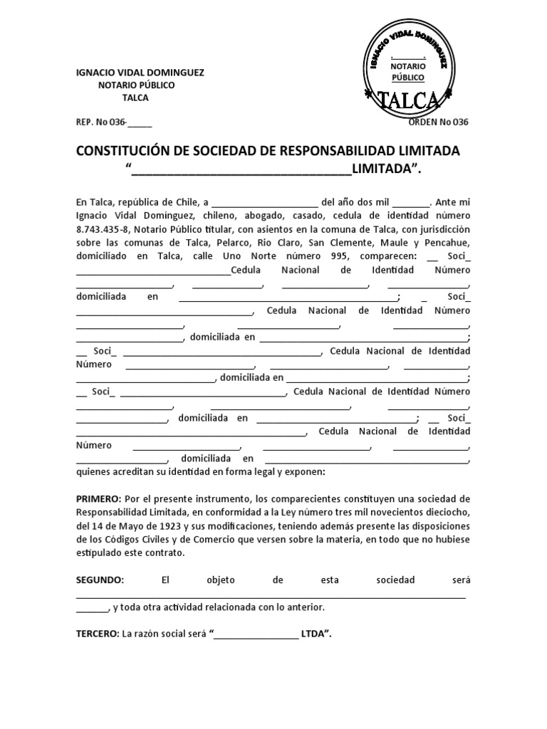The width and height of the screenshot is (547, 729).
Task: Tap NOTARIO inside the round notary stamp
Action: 407,65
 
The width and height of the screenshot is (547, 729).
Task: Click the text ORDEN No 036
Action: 439,122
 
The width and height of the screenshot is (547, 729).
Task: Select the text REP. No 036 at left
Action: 101,122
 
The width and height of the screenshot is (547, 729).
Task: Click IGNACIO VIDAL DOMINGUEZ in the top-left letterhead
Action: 140,73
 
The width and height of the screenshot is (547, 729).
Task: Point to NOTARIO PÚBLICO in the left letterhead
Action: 135,85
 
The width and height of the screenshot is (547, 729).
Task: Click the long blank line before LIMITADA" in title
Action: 242,171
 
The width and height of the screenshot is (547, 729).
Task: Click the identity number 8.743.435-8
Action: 103,229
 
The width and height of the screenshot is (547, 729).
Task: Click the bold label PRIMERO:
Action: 98,499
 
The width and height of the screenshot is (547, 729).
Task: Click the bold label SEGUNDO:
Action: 100,580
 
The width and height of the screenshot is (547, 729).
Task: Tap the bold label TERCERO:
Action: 98,633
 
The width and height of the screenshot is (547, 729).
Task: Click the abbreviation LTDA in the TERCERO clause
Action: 314,633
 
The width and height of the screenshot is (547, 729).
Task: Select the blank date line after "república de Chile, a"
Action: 265,203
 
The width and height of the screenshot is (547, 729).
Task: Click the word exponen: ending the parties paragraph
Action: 306,472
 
